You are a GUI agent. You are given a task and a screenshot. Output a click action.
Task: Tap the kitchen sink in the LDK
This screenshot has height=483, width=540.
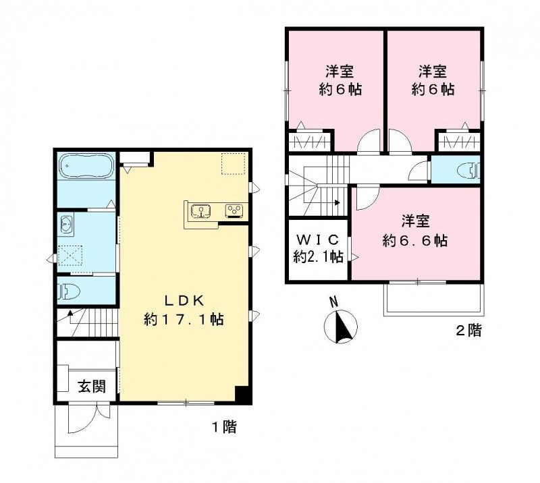click(x=200, y=210)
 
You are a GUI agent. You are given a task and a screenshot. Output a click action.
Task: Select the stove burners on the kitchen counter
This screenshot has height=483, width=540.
click(x=234, y=210)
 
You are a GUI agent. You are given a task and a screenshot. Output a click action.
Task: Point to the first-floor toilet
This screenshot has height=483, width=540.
click(x=69, y=291)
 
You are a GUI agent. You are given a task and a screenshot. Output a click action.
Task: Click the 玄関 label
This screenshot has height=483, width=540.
click(x=91, y=387)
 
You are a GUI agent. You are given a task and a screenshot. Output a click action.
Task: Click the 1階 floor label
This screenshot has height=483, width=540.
click(x=224, y=427)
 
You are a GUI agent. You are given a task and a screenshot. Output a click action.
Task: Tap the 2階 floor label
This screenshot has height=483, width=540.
click(x=468, y=331)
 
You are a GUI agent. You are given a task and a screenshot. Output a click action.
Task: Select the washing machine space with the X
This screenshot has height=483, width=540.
click(x=70, y=256)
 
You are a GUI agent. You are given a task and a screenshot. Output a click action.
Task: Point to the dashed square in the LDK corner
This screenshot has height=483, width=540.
click(x=234, y=163)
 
